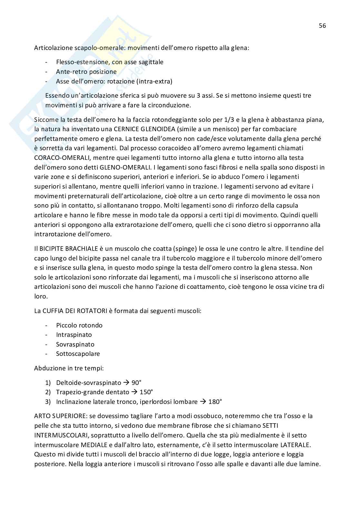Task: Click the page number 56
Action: click(x=322, y=26)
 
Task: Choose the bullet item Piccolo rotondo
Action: click(x=79, y=325)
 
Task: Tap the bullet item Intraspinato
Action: click(x=74, y=335)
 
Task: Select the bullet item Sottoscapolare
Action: click(x=78, y=354)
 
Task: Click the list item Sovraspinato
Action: click(x=75, y=344)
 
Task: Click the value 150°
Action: click(x=146, y=392)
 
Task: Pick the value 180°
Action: click(x=215, y=402)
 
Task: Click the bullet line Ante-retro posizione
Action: click(x=86, y=72)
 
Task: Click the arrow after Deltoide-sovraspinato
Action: click(x=126, y=383)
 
